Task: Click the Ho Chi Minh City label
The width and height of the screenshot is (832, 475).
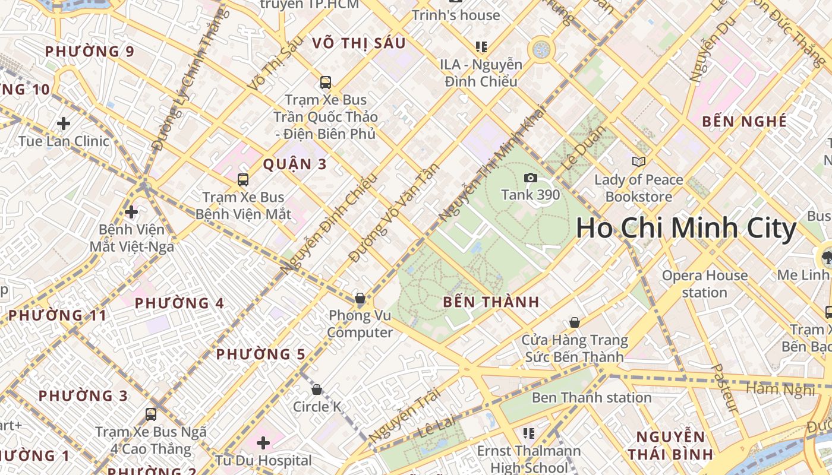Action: coord(686,229)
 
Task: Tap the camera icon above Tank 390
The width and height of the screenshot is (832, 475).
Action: coord(530,178)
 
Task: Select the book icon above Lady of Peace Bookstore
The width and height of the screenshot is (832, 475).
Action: coord(639,161)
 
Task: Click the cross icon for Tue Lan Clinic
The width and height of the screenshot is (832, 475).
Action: coord(64,123)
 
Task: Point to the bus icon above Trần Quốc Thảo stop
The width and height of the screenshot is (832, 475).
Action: coord(325,83)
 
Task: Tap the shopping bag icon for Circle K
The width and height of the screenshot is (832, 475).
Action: coord(317,389)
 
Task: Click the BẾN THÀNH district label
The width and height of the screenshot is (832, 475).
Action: coord(491,302)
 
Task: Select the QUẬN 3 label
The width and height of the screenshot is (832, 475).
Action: coord(295,164)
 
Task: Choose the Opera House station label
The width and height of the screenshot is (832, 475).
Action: coord(705,284)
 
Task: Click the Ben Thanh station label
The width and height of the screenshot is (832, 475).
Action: coord(591,397)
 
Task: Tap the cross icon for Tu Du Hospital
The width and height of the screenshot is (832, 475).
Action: coord(263,443)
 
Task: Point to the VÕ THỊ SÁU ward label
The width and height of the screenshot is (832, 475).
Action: coord(358,43)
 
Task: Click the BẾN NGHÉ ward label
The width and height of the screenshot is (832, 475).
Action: coord(744,122)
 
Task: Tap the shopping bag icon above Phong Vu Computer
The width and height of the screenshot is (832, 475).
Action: coord(360,298)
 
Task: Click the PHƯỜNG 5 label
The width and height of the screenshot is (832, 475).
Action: coord(260,354)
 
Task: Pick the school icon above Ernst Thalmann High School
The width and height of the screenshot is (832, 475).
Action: coord(528,433)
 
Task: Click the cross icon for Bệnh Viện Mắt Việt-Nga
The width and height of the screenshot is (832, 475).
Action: coord(131,211)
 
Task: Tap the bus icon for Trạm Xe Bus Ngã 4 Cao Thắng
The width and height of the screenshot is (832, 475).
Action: coord(151,414)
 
